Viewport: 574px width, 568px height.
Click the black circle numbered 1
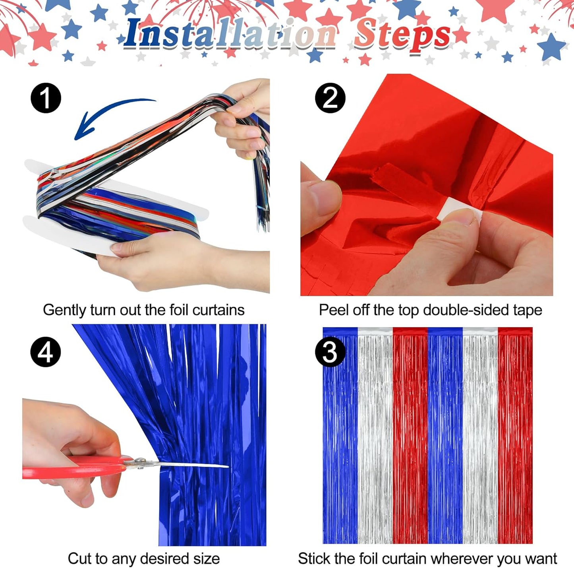coord(46,98)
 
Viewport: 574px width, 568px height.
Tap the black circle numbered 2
coord(330,98)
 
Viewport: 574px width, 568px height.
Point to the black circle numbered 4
coord(46,351)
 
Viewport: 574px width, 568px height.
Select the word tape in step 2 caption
coord(527,310)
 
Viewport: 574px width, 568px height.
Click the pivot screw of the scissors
coord(139,461)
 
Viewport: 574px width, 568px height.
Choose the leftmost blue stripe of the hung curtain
coord(340,437)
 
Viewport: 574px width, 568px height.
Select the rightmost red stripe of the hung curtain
coord(515,437)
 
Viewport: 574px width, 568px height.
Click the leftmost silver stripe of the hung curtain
coord(375,437)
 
